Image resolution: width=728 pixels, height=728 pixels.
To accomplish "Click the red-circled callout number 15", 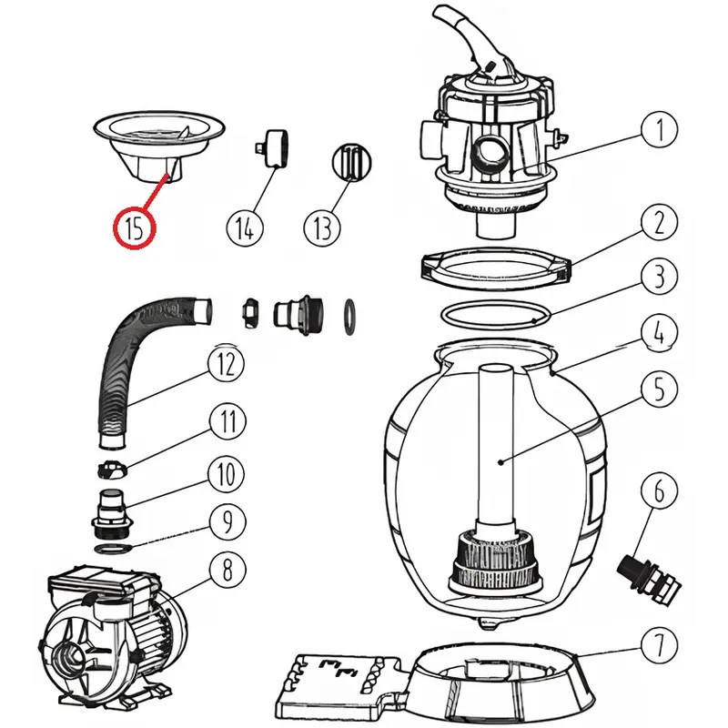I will coord(135,227).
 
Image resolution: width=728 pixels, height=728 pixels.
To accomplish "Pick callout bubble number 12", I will coord(227,365).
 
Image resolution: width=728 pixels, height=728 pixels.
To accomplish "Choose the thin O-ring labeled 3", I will coord(497,314).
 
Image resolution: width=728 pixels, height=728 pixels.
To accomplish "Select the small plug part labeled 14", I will coord(270,148).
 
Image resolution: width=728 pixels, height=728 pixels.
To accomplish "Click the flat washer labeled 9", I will coord(114,549).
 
